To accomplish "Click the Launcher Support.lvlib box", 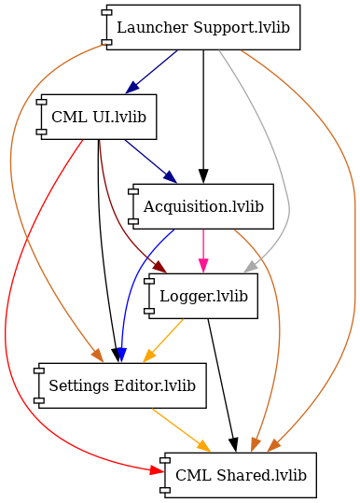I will click(203, 28).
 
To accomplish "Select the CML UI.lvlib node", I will click(98, 117).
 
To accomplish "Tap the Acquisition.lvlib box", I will click(203, 206).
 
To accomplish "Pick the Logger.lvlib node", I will click(203, 296).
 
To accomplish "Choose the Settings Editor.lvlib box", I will click(121, 385).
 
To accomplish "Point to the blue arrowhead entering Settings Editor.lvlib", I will click(120, 355).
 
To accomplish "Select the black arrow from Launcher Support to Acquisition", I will click(203, 112).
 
